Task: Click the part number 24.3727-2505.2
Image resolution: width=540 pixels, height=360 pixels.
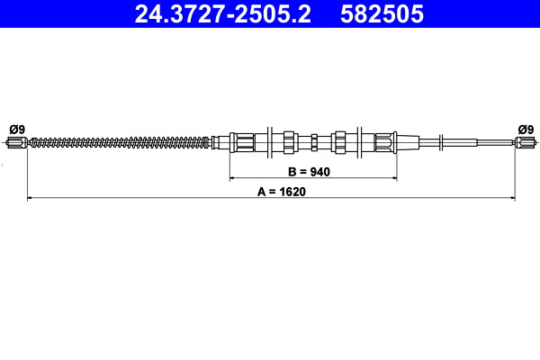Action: click(222, 14)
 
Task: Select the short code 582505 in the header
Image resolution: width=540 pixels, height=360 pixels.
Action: click(380, 14)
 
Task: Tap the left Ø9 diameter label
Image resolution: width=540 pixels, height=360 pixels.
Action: click(16, 128)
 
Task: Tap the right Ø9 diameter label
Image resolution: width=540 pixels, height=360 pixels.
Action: click(526, 128)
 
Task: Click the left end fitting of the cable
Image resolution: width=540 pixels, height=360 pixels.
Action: click(18, 141)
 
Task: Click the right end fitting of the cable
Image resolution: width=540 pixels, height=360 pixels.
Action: click(526, 141)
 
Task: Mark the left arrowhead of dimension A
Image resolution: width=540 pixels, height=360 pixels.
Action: click(31, 197)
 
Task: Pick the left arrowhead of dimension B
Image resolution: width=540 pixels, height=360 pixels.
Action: click(232, 178)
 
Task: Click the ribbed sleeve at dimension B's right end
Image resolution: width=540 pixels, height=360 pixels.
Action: click(384, 141)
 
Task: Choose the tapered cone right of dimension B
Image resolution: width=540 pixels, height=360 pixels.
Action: click(408, 141)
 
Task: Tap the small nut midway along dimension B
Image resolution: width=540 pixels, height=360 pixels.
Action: click(312, 141)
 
